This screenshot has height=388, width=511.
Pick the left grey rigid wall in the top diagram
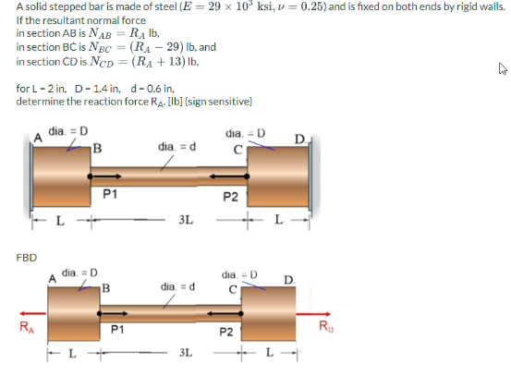(28, 174)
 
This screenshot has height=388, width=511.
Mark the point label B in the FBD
(106, 287)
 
